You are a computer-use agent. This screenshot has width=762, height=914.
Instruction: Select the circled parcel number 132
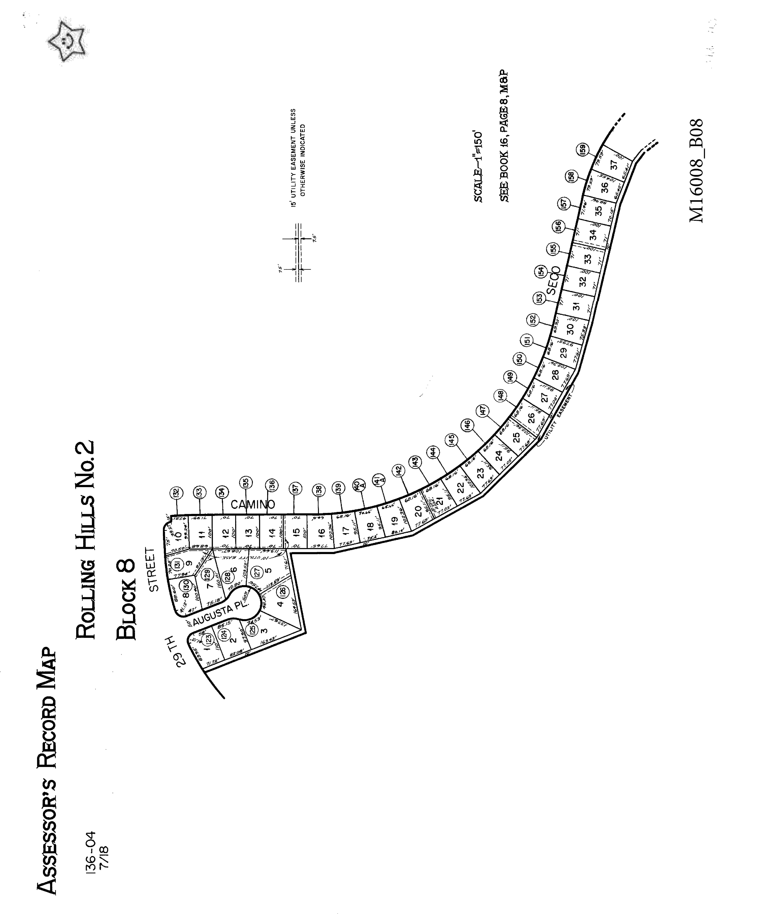tap(176, 493)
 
